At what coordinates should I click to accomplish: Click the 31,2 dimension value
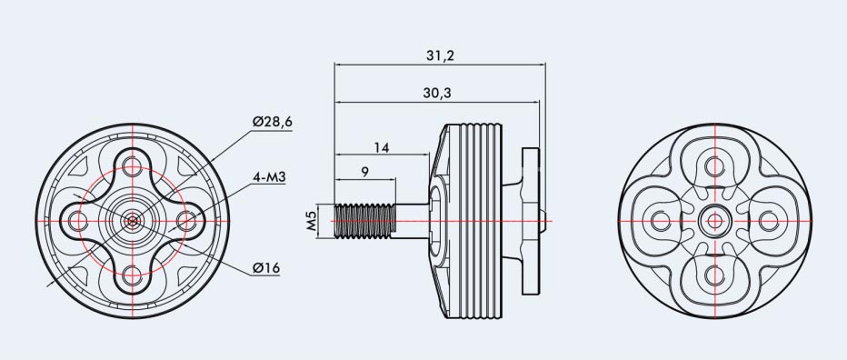click(x=441, y=55)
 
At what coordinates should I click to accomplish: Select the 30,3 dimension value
click(x=437, y=93)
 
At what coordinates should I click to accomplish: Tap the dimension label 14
click(x=382, y=147)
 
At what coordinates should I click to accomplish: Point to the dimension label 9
click(x=365, y=172)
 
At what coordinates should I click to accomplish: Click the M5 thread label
click(x=311, y=221)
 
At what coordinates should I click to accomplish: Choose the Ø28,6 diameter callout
click(x=273, y=122)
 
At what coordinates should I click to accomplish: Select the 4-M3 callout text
click(x=269, y=176)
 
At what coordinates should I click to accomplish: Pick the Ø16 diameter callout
click(x=265, y=267)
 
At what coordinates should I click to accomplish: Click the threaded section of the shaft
click(x=365, y=221)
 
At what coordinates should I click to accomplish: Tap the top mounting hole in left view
click(x=133, y=166)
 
